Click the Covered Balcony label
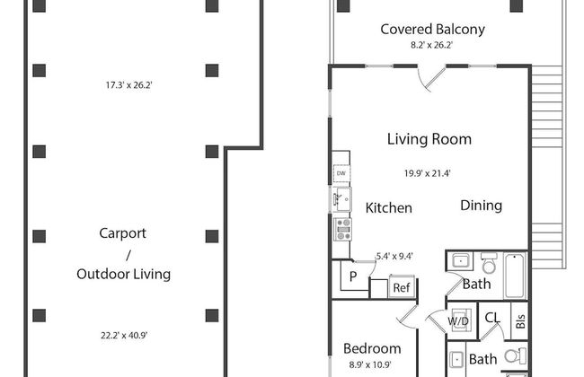tap(432, 30)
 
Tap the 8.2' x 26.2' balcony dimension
tap(431, 45)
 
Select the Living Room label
tap(429, 139)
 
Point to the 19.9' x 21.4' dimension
tap(427, 173)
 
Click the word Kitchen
tap(388, 207)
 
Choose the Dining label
tap(482, 206)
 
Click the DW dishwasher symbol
tap(341, 173)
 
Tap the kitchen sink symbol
tap(341, 199)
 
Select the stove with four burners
tap(342, 229)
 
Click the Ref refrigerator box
tap(402, 287)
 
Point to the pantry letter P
tap(353, 276)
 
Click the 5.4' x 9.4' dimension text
tap(394, 256)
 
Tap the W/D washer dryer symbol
tap(458, 320)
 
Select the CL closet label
tap(492, 318)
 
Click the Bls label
tap(520, 321)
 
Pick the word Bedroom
tap(372, 348)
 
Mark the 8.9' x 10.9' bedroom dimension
tap(370, 364)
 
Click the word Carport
tap(122, 233)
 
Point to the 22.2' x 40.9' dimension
tap(124, 336)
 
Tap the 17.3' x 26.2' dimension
tap(128, 85)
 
